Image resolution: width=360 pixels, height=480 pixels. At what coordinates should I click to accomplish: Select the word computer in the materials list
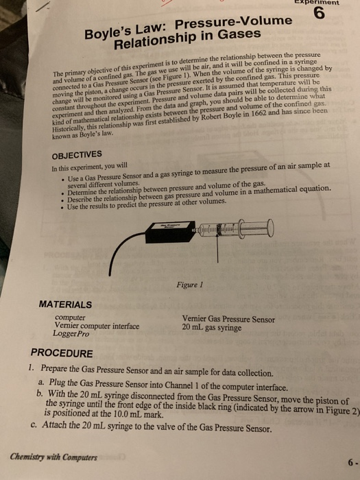pos(69,318)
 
